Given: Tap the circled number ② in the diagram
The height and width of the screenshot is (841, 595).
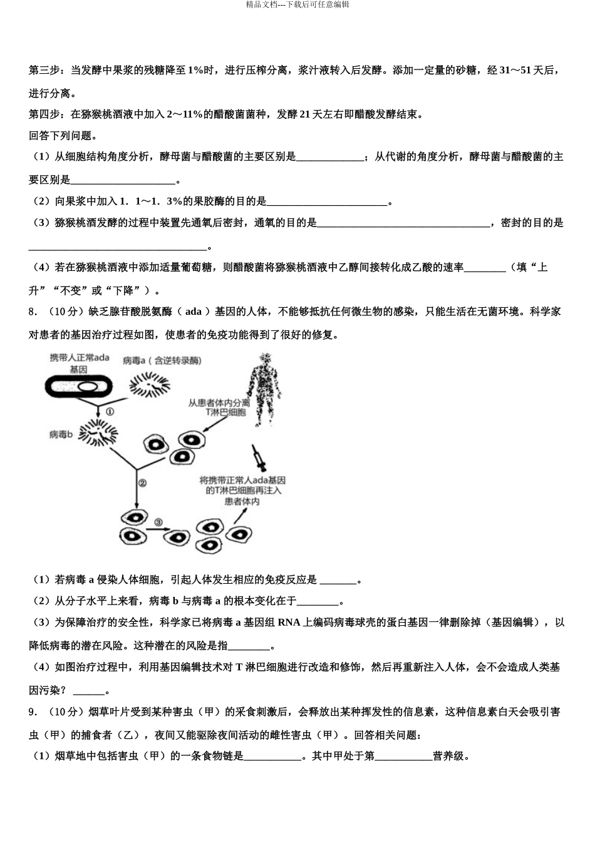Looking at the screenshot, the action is pos(142,483).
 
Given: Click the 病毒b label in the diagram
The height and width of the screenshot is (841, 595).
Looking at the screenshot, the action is pos(62,434).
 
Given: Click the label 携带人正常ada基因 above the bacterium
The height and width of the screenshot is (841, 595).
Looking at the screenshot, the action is pos(80,363).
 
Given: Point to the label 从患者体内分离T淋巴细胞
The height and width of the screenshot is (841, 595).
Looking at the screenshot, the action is pos(219,407).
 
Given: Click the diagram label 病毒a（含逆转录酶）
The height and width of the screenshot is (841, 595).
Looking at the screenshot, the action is pos(162,360).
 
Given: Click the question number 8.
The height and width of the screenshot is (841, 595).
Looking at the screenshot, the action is pos(34,312).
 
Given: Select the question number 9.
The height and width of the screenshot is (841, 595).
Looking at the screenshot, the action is pos(34,712).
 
